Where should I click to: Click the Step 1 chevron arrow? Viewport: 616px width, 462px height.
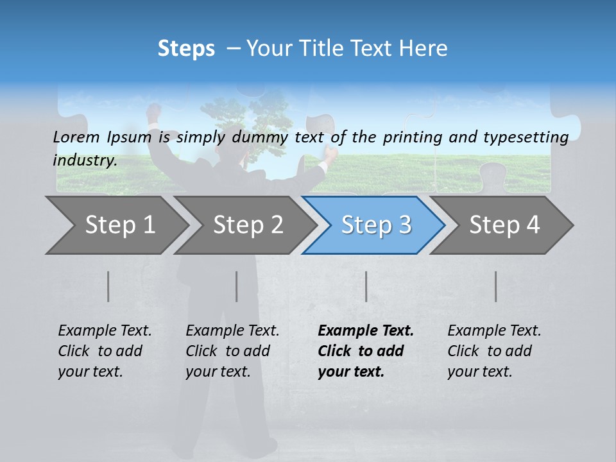point(116,225)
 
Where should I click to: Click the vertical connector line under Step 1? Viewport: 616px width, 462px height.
point(108,286)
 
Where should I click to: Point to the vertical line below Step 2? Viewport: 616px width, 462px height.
point(237,286)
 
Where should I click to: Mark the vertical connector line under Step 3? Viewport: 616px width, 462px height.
point(366,286)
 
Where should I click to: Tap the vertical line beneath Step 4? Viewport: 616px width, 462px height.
point(495,286)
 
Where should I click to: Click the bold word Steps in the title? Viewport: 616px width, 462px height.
point(186,49)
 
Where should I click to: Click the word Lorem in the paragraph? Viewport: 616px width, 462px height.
point(76,137)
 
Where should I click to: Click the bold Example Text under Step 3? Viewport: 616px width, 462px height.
point(366,331)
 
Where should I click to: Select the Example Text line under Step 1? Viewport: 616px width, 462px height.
point(105,331)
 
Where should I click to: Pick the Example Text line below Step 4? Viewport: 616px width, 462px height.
point(494,331)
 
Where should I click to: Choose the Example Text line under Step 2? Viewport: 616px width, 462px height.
point(232,331)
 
